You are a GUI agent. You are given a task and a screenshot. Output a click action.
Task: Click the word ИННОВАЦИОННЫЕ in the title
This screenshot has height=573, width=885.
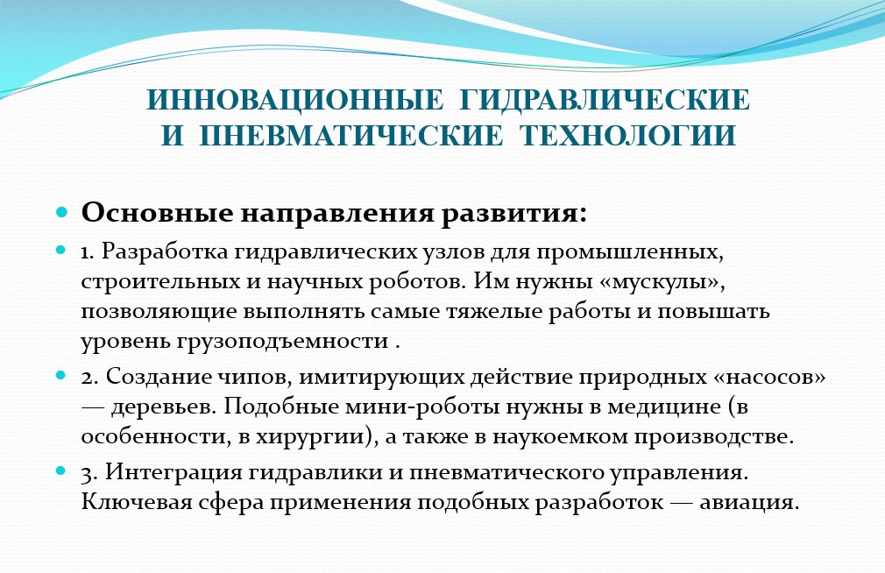(295, 100)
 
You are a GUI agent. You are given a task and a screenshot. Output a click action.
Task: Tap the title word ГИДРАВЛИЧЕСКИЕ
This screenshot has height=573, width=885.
(605, 100)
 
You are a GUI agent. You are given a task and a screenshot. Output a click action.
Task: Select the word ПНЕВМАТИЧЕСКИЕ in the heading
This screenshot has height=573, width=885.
(350, 136)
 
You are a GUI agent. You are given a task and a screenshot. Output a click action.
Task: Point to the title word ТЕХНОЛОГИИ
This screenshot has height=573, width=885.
(627, 136)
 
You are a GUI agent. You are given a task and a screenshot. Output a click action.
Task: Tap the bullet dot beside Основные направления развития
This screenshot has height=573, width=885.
(61, 213)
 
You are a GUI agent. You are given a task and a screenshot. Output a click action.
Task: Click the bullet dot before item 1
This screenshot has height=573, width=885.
(61, 249)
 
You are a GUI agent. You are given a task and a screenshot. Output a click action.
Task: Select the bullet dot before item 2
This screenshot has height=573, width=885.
(61, 374)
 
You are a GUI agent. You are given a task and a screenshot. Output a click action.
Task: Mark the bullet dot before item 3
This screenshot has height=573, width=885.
(61, 470)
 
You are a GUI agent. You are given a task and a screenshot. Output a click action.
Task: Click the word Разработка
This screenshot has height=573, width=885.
(164, 251)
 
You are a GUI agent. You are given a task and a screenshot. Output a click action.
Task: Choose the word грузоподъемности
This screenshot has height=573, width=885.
(283, 342)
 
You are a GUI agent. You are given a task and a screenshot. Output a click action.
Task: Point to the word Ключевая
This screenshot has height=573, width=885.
(137, 502)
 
